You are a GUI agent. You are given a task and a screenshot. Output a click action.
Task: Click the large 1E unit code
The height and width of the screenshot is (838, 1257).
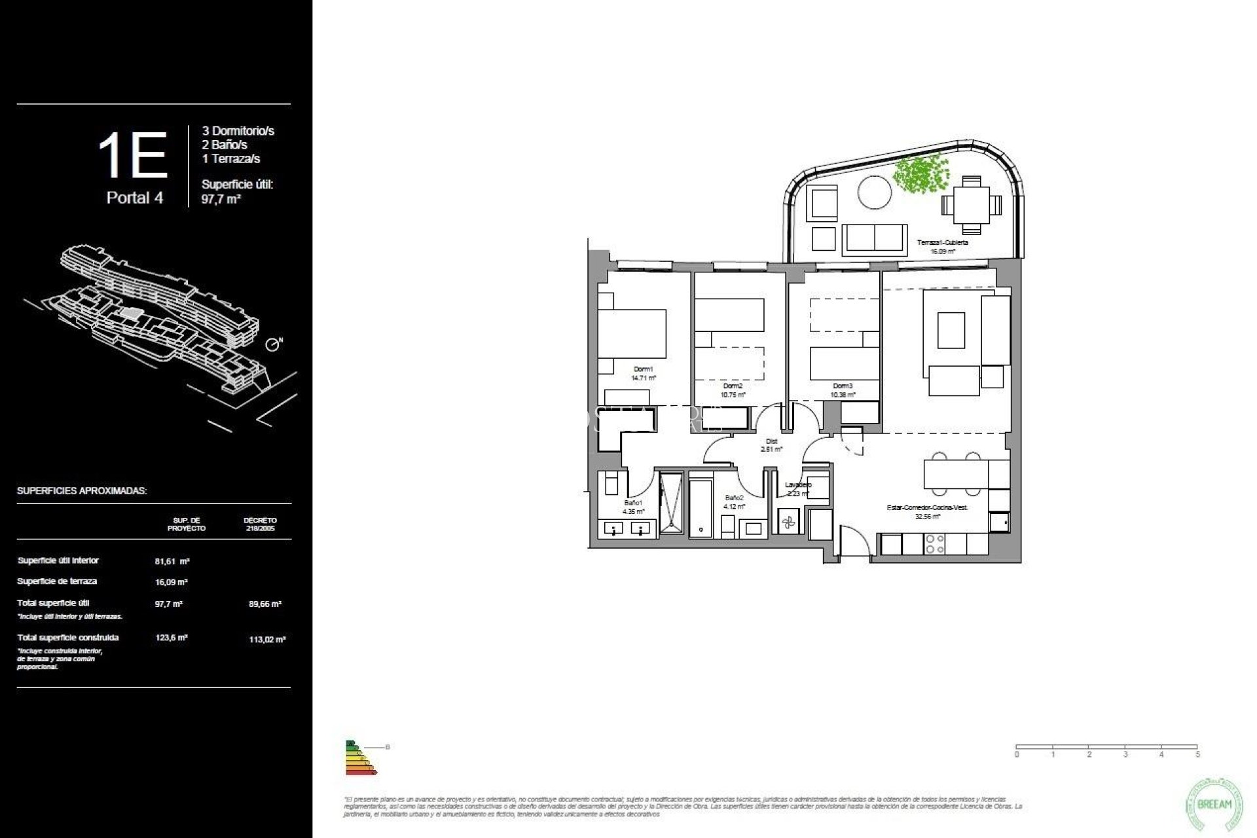pyautogui.click(x=133, y=156)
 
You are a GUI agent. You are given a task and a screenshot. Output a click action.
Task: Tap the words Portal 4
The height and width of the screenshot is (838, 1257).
pyautogui.click(x=135, y=198)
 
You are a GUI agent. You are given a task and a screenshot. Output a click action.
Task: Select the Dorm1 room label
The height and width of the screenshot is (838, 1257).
pyautogui.click(x=643, y=369)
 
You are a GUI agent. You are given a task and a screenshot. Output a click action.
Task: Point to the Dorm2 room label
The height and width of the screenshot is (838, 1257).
pyautogui.click(x=733, y=386)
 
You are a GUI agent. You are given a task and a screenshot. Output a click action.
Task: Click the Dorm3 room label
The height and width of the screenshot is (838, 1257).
pyautogui.click(x=843, y=386)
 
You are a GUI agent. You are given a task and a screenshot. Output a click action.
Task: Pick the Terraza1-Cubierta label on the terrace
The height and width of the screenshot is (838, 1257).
pyautogui.click(x=943, y=243)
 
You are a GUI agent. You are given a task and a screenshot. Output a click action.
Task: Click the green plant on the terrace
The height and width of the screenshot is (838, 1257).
pyautogui.click(x=920, y=172)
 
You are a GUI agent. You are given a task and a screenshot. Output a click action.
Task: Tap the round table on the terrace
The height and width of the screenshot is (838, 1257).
pyautogui.click(x=874, y=192)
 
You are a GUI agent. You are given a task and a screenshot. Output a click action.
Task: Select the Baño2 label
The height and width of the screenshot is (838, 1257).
pyautogui.click(x=734, y=498)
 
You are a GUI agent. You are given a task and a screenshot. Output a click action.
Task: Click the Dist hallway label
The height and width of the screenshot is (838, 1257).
pyautogui.click(x=771, y=441)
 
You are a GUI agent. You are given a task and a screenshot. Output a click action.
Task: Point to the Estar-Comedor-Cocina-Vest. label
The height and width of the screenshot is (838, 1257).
pyautogui.click(x=927, y=507)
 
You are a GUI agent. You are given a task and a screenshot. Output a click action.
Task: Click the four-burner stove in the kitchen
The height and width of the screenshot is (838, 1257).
pyautogui.click(x=934, y=544)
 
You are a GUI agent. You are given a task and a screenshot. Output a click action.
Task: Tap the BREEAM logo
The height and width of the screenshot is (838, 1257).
pyautogui.click(x=1214, y=805)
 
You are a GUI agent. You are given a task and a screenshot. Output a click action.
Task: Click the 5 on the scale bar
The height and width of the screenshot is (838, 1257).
pyautogui.click(x=1197, y=755)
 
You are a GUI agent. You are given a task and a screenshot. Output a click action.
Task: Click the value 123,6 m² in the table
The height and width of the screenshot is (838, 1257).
pyautogui.click(x=172, y=638)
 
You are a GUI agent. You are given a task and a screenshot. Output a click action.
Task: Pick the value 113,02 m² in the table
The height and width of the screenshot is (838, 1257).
pyautogui.click(x=267, y=640)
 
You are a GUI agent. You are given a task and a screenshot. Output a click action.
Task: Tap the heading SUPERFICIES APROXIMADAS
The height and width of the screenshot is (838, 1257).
pyautogui.click(x=82, y=491)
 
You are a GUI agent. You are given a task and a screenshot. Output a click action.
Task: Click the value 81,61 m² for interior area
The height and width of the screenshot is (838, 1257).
pyautogui.click(x=172, y=561)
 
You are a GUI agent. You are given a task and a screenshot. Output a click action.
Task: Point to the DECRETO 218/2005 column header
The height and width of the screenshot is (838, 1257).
pyautogui.click(x=261, y=524)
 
